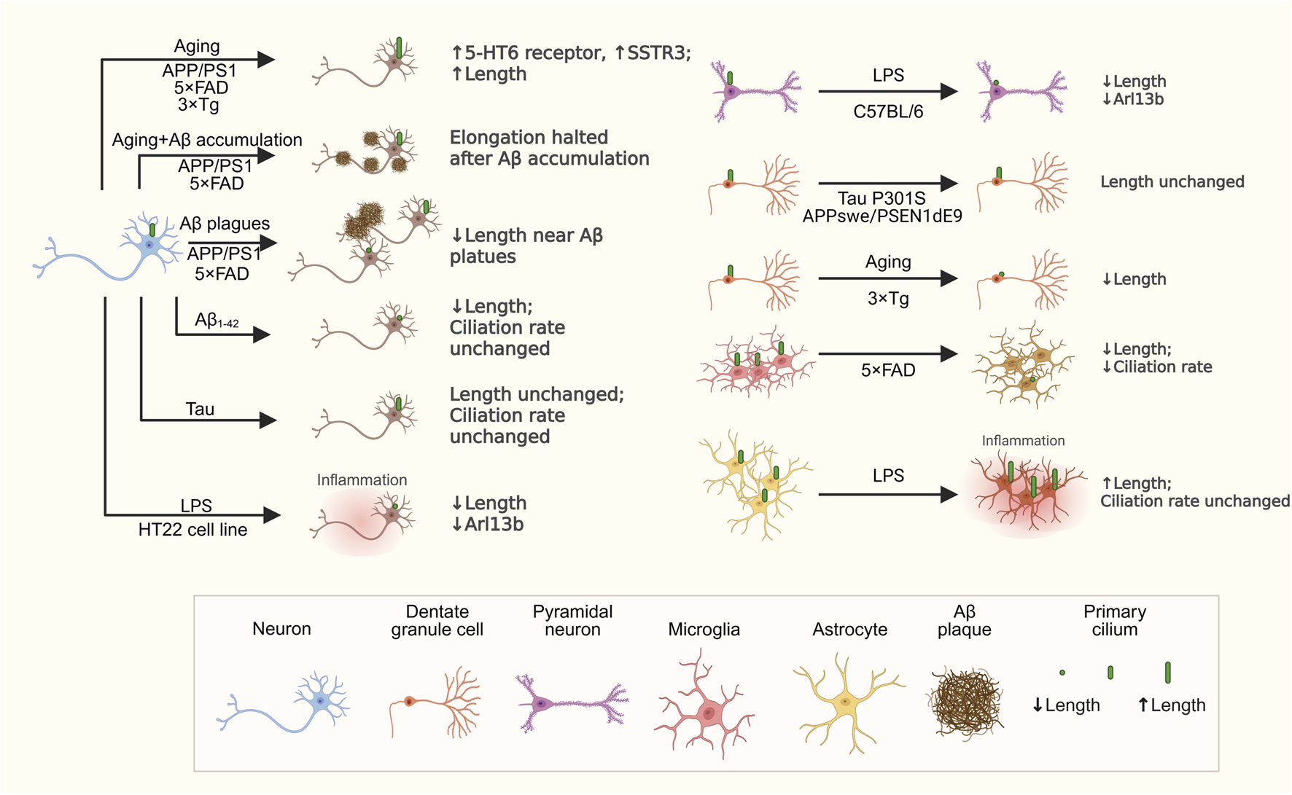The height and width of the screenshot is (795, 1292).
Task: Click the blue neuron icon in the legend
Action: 292,702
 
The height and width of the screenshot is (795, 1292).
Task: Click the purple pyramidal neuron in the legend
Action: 571,704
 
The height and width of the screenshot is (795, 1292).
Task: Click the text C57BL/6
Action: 888,111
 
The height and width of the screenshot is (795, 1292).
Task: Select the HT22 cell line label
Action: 192,530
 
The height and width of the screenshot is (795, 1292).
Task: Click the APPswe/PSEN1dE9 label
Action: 882,216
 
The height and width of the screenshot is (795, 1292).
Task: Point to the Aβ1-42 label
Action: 217,320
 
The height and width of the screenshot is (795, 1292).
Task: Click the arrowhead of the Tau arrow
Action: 268,420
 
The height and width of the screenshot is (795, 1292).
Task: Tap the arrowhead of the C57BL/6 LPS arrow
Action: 949,92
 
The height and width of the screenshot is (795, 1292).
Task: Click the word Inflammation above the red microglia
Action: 1023,441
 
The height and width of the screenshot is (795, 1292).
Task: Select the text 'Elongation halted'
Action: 529,138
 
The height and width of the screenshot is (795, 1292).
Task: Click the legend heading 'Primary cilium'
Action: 1114,620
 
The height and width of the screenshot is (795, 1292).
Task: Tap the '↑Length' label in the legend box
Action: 1172,705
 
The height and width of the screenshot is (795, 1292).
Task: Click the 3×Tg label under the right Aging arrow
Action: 888,298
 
